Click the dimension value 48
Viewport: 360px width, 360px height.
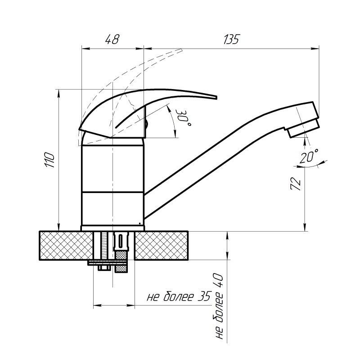coord(112,39)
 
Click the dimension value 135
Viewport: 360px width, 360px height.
coord(231,39)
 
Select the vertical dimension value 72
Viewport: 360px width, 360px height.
coord(296,184)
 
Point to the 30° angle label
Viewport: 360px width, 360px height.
coord(183,117)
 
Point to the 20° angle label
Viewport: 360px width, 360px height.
coord(309,156)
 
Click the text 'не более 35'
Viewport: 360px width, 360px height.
coord(179,297)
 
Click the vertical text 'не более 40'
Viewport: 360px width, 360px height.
coord(219,306)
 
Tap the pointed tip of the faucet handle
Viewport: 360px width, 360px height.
coord(216,97)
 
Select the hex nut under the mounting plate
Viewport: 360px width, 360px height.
coord(104,268)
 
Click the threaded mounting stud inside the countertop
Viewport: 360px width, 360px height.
coord(104,246)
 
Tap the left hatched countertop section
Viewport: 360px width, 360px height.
coord(66,245)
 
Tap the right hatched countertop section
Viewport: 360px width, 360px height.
coord(161,245)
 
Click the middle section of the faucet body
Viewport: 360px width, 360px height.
coord(113,168)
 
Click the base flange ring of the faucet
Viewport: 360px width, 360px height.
coord(112,228)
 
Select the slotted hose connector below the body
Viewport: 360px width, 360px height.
coord(121,241)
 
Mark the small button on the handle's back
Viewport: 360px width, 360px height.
coord(146,124)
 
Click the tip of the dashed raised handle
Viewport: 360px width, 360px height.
coord(181,49)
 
